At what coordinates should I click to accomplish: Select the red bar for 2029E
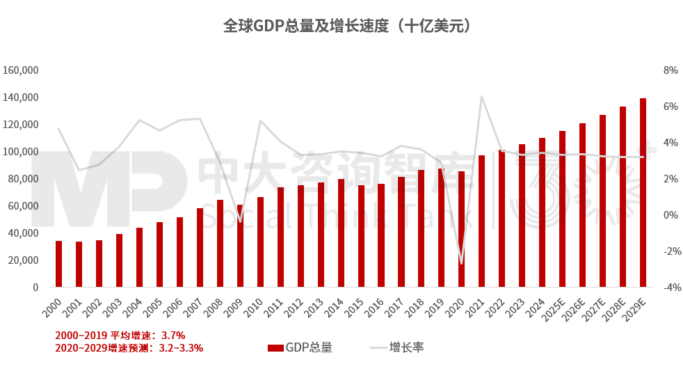tap(643, 193)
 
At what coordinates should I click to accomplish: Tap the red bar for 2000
tap(58, 264)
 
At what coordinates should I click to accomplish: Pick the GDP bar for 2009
tap(240, 246)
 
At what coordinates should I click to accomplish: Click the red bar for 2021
tap(481, 221)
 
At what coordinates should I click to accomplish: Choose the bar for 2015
tap(361, 236)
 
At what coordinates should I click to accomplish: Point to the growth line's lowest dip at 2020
tap(461, 263)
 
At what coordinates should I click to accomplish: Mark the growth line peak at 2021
tap(481, 96)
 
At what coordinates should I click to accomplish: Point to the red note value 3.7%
tap(173, 336)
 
